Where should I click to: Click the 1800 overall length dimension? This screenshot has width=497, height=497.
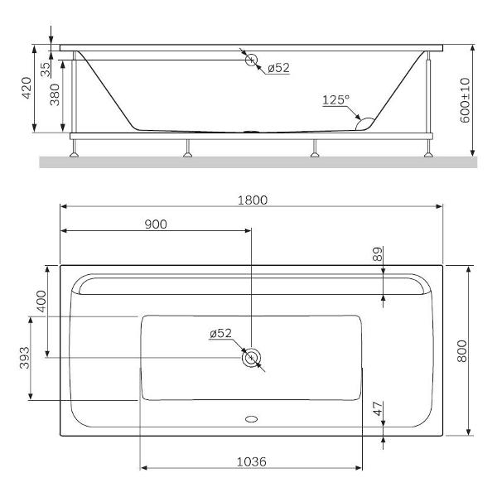click(x=253, y=200)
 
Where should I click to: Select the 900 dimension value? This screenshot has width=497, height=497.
click(x=156, y=224)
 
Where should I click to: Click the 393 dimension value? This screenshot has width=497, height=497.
click(x=26, y=359)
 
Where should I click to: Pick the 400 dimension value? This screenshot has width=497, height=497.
click(x=41, y=302)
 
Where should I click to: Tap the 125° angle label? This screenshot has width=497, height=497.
click(x=335, y=99)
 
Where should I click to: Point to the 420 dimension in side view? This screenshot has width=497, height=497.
click(x=27, y=87)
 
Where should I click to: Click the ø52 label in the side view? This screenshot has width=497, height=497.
click(x=278, y=68)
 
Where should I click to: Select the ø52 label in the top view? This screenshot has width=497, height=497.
click(x=220, y=333)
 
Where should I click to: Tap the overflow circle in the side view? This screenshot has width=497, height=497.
click(x=251, y=60)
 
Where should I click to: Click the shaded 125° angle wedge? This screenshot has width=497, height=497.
click(x=364, y=123)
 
